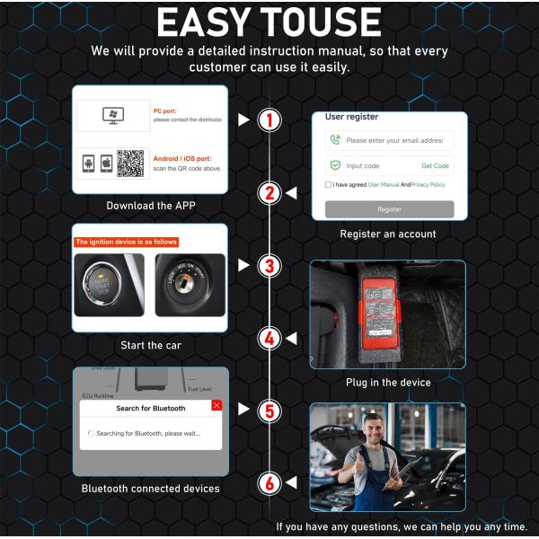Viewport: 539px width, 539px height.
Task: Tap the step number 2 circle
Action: click(x=268, y=192)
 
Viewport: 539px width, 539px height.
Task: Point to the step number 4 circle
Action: click(x=268, y=339)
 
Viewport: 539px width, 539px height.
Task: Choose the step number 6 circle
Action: click(x=268, y=483)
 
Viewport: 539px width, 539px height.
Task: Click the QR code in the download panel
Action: click(x=130, y=163)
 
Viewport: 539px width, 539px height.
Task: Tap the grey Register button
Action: click(x=389, y=209)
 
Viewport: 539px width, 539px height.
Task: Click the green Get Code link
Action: click(x=435, y=166)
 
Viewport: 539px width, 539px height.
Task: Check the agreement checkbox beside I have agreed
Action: click(x=329, y=185)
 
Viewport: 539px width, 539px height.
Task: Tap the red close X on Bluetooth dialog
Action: click(x=216, y=406)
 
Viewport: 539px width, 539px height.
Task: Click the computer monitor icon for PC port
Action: click(x=113, y=115)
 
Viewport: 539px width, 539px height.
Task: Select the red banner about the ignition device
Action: click(x=126, y=242)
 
